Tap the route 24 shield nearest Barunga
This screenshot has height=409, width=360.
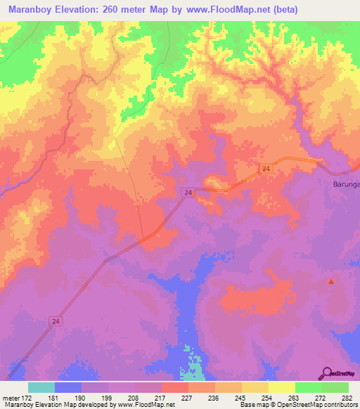[x=265, y=169]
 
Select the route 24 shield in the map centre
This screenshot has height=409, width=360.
[x=188, y=192]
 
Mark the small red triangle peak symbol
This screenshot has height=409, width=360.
[x=331, y=282]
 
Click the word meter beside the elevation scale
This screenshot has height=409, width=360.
[x=11, y=398]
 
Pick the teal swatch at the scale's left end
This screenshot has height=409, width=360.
[x=41, y=387]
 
